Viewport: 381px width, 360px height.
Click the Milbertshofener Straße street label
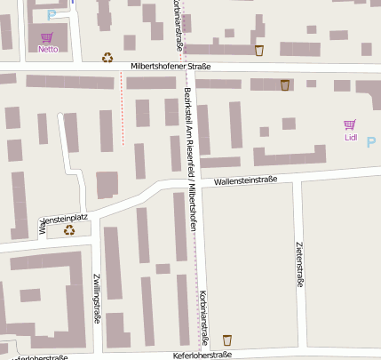click(170, 67)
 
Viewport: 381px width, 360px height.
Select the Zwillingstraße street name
click(96, 298)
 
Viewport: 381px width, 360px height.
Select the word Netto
click(48, 50)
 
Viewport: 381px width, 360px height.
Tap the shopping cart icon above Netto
click(47, 37)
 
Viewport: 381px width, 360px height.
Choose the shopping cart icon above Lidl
click(350, 125)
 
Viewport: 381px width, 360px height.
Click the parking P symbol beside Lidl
click(371, 141)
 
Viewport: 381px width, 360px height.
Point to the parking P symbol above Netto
click(51, 14)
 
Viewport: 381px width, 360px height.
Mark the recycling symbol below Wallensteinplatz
click(69, 230)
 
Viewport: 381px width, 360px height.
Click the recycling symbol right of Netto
click(107, 58)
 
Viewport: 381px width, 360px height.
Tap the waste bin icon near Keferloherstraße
click(227, 340)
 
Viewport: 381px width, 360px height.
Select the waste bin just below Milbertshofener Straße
click(284, 85)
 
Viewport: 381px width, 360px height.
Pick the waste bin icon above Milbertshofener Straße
click(259, 51)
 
